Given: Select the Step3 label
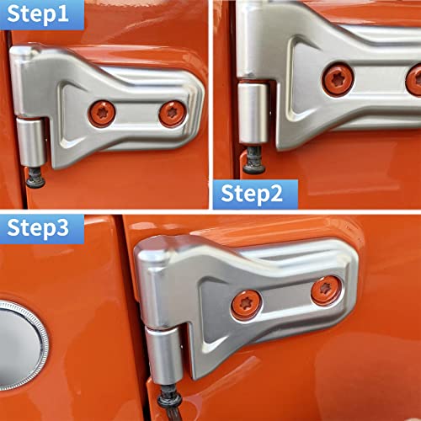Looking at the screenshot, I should point(45,227).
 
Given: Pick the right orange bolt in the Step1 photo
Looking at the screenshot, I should point(172,113).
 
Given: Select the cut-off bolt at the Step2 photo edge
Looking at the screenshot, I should point(414,80).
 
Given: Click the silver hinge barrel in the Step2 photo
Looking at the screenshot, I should point(252,109).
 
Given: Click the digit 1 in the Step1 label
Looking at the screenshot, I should point(71,14).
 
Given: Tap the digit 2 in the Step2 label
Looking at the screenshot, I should point(287,192).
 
